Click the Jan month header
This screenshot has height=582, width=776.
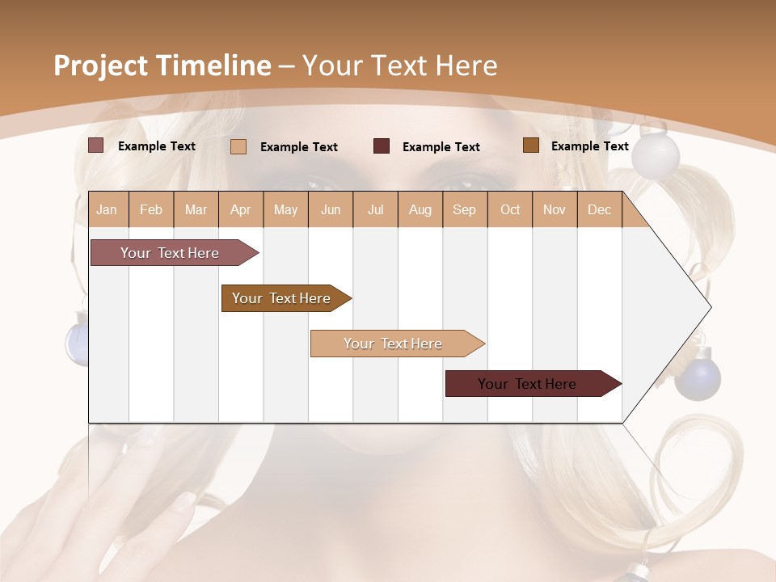pyautogui.click(x=108, y=210)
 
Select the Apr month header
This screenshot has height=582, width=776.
pyautogui.click(x=241, y=210)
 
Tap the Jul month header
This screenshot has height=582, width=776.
pyautogui.click(x=375, y=210)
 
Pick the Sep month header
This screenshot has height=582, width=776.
pyautogui.click(x=464, y=210)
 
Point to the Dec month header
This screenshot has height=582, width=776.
pyautogui.click(x=599, y=210)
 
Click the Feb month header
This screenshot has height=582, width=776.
pyautogui.click(x=151, y=210)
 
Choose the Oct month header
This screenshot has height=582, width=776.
pyautogui.click(x=510, y=210)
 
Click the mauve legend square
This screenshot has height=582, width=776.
pyautogui.click(x=96, y=145)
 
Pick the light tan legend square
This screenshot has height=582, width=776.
pyautogui.click(x=238, y=146)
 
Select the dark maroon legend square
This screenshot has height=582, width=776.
pyautogui.click(x=382, y=146)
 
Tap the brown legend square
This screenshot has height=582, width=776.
pyautogui.click(x=530, y=145)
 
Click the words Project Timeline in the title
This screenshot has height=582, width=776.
pyautogui.click(x=162, y=65)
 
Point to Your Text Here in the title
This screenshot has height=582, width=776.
pyautogui.click(x=400, y=65)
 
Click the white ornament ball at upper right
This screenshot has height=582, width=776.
pyautogui.click(x=655, y=155)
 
